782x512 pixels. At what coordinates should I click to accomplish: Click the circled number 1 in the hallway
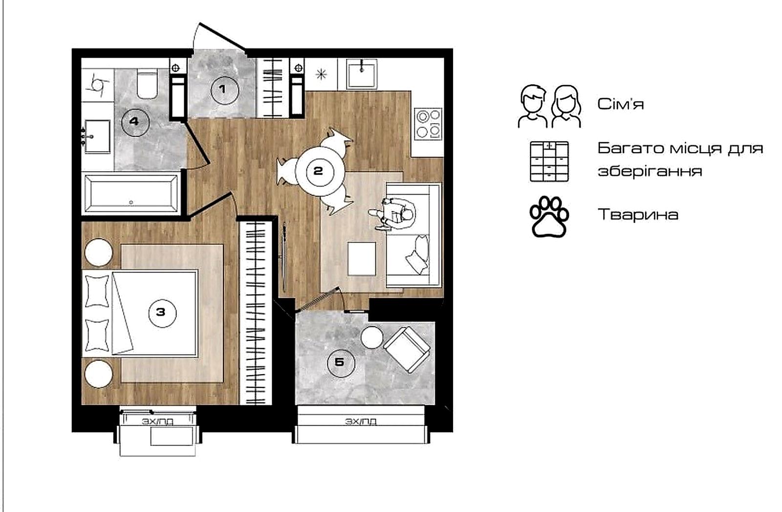coord(225,90)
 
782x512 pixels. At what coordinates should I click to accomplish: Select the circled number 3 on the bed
coord(162,313)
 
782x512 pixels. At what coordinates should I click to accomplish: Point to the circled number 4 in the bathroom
coord(135,122)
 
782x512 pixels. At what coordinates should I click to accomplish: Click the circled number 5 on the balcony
coord(341,363)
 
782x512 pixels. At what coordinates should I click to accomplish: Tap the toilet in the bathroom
coord(147,84)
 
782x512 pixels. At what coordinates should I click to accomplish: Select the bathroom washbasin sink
coord(96,136)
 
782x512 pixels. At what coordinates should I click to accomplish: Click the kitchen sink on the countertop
coord(362,74)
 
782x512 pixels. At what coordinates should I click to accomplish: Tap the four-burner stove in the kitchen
coord(428,124)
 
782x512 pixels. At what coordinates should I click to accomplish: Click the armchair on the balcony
coord(407,350)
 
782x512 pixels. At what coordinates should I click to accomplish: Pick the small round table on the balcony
coord(372,337)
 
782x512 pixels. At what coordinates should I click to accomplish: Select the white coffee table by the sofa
coord(362,259)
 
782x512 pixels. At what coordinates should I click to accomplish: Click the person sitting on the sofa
coord(392,214)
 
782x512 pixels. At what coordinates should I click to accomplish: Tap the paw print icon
coord(549,217)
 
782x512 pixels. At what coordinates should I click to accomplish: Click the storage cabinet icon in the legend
coord(549,162)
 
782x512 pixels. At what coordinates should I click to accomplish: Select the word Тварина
coord(638,215)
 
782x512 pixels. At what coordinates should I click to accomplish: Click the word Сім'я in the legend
coord(621,104)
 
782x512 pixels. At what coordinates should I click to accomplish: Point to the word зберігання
coord(650,171)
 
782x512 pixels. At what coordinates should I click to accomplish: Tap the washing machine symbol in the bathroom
coord(98,85)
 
